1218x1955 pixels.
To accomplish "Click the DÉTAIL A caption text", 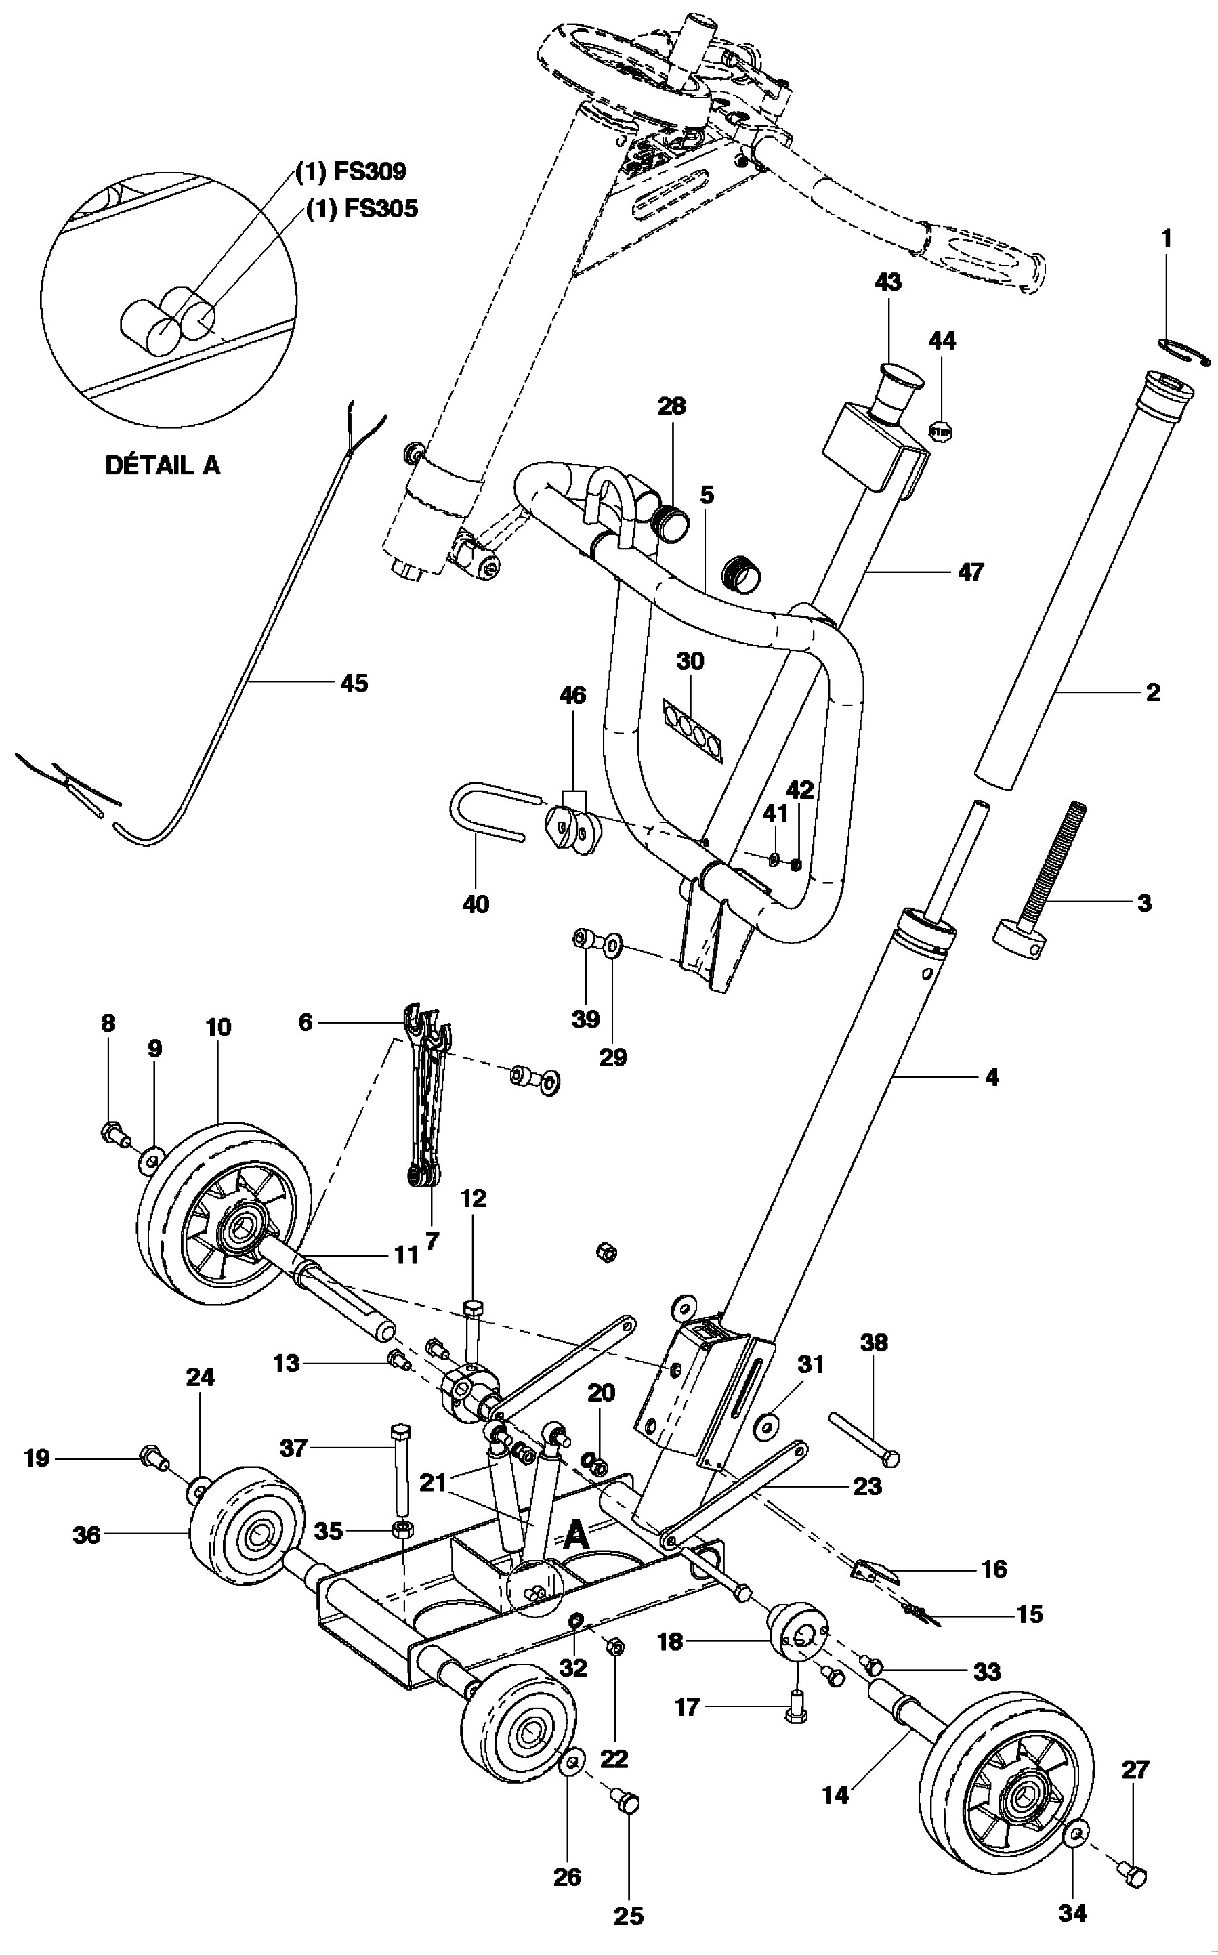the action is pyautogui.click(x=162, y=465).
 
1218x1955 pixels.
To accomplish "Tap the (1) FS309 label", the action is pyautogui.click(x=350, y=171).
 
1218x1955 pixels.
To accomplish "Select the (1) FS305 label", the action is pyautogui.click(x=362, y=209).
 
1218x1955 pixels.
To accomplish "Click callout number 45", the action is pyautogui.click(x=354, y=684).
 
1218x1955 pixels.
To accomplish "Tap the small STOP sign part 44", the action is pyautogui.click(x=941, y=431).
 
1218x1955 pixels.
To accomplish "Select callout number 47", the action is pyautogui.click(x=971, y=572).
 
